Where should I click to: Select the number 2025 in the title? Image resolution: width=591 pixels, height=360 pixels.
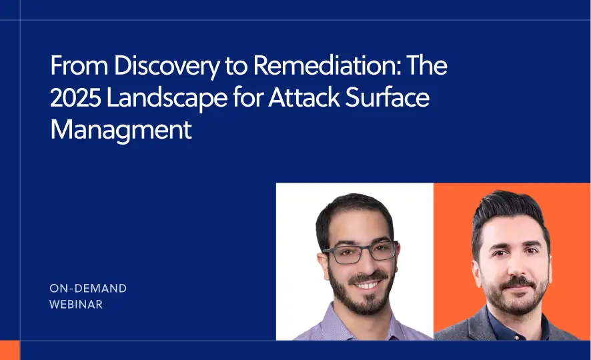coord(73,99)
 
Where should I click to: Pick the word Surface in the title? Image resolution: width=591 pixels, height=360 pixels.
coord(390,99)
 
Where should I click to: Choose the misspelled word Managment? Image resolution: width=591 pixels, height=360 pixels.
coord(121,129)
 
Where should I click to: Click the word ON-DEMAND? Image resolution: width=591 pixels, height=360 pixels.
coord(88,289)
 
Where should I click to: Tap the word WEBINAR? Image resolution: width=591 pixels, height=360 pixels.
coord(76,305)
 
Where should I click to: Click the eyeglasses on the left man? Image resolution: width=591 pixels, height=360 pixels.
coord(360,252)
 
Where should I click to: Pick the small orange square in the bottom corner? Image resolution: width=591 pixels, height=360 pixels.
coord(9,350)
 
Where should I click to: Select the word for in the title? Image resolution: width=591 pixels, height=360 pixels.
coord(244,99)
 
